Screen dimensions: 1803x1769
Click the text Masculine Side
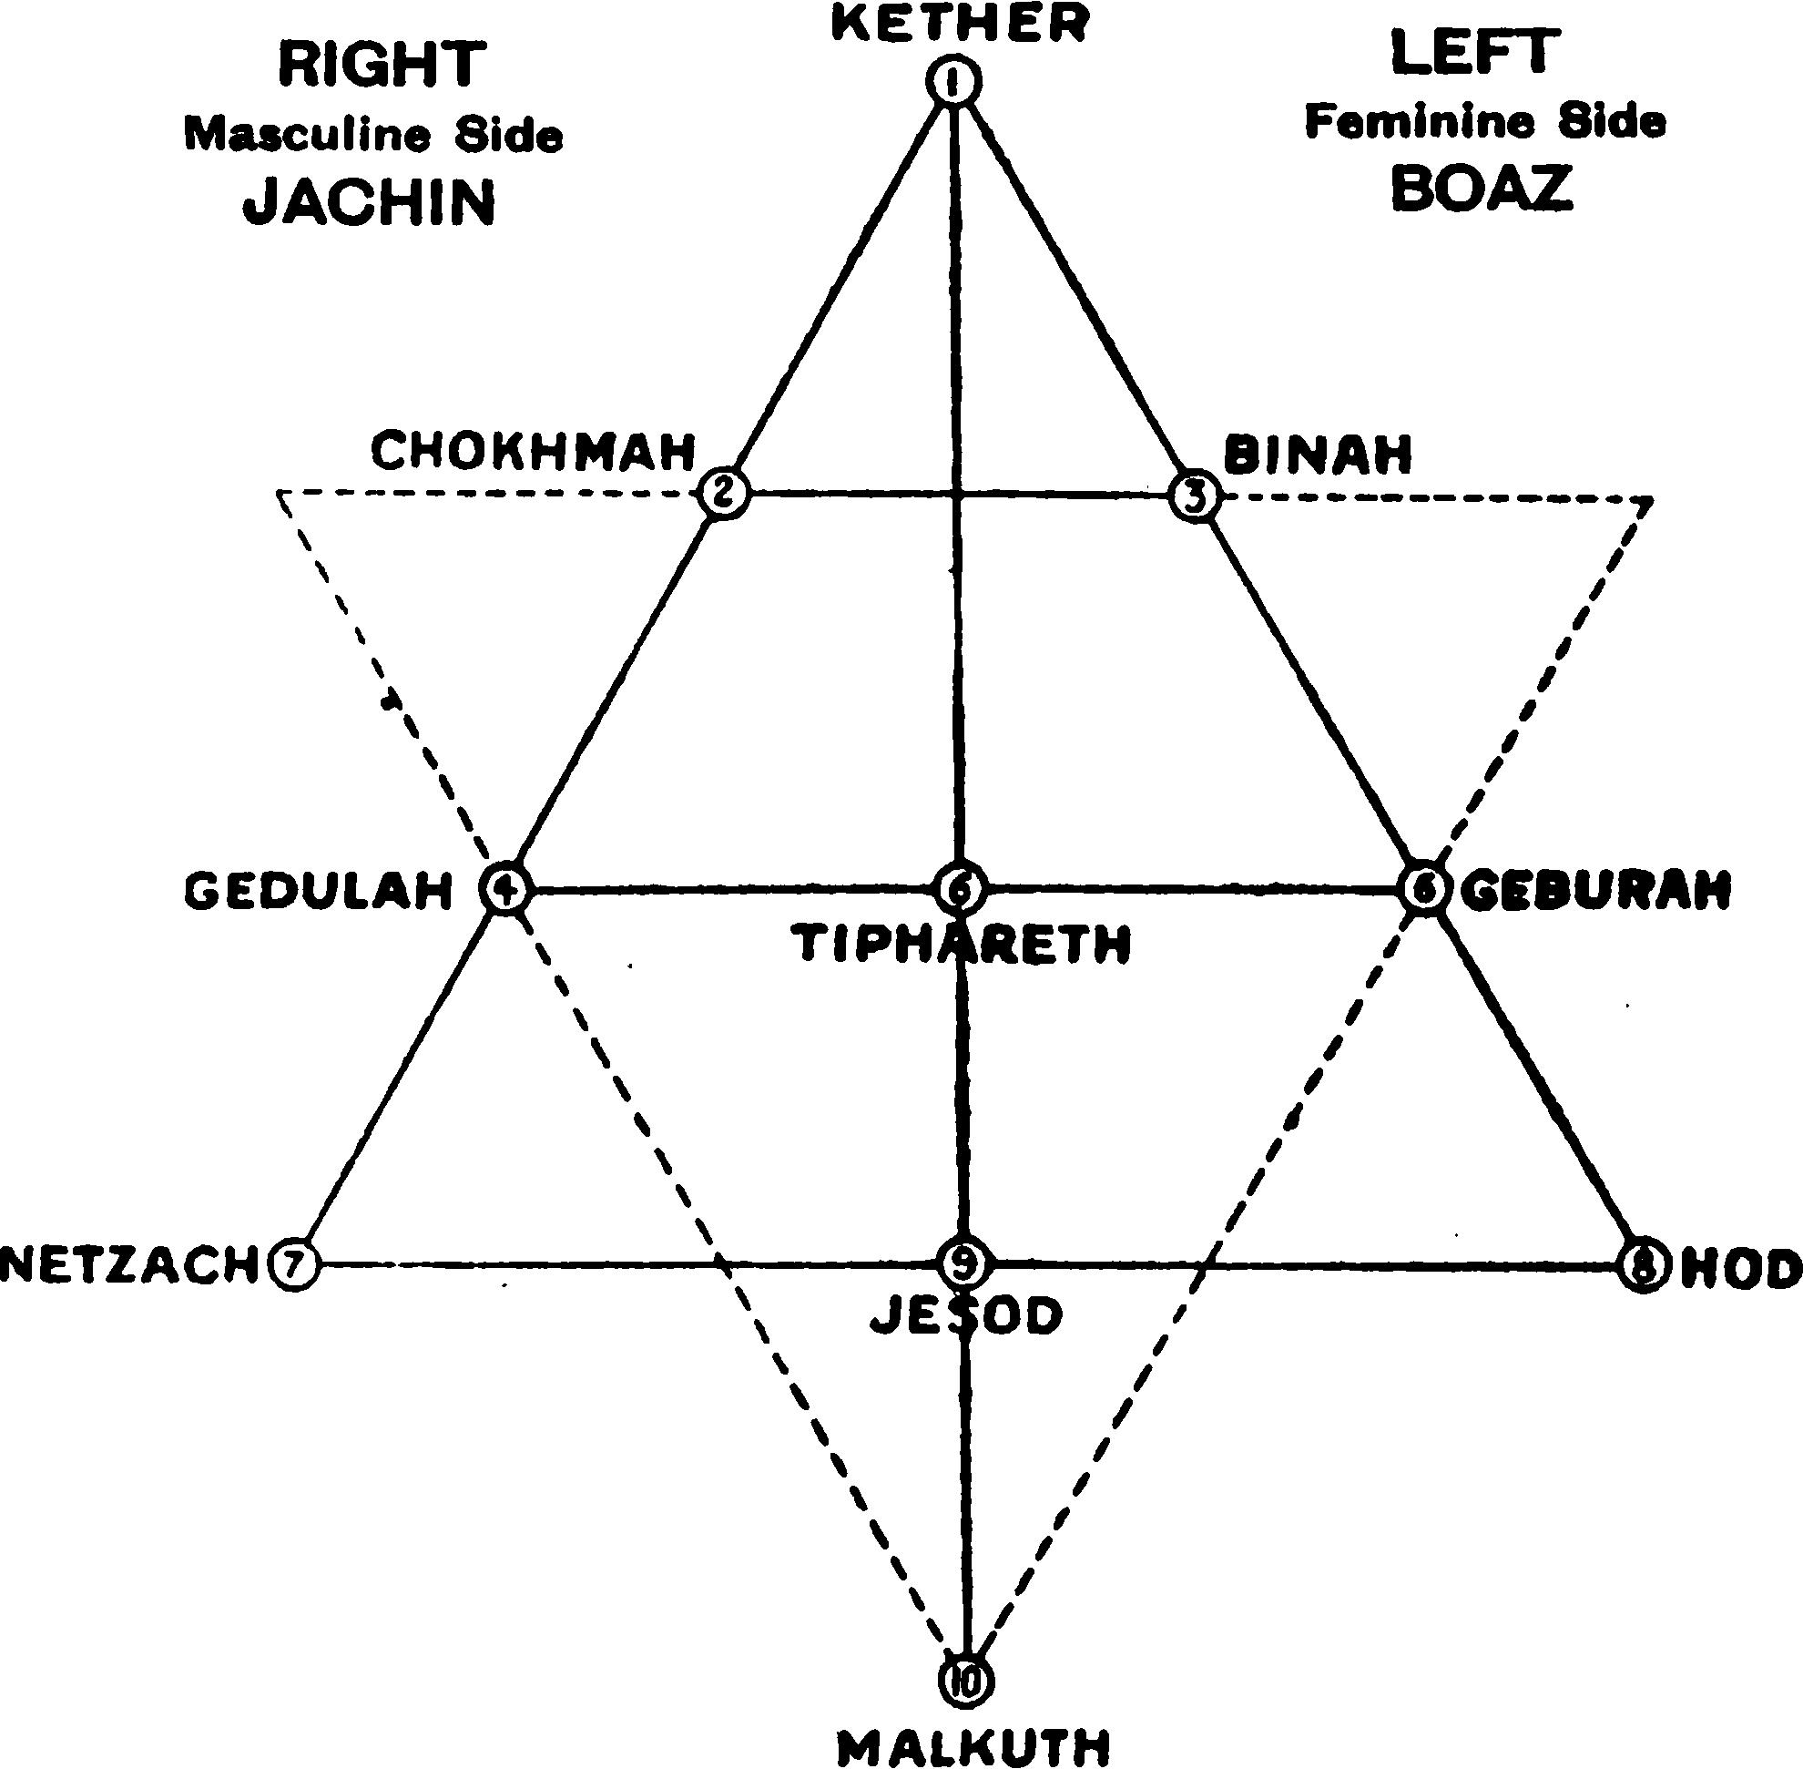coord(373,136)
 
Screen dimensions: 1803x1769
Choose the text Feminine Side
coord(1485,122)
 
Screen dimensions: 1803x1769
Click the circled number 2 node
coord(725,494)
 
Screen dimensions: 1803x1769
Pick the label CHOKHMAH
coord(534,452)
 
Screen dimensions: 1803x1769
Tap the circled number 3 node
coord(1195,496)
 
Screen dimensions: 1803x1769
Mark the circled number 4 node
coord(504,890)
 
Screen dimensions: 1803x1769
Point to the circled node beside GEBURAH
coord(1425,890)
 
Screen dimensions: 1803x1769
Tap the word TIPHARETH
coord(964,944)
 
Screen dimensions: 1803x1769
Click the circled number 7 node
coord(293,1264)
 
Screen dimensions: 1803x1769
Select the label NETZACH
coord(128,1264)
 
